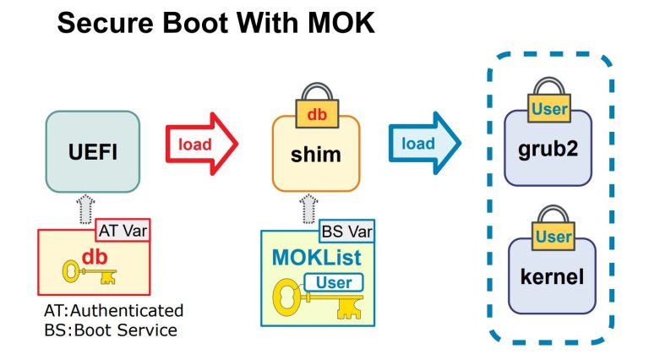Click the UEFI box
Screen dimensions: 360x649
92,152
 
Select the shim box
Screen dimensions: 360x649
315,155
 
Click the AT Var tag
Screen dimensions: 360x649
123,228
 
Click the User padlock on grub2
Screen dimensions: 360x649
550,102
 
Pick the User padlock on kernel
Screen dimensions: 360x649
554,231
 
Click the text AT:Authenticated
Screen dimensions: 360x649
113,310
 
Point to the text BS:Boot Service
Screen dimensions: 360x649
111,330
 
